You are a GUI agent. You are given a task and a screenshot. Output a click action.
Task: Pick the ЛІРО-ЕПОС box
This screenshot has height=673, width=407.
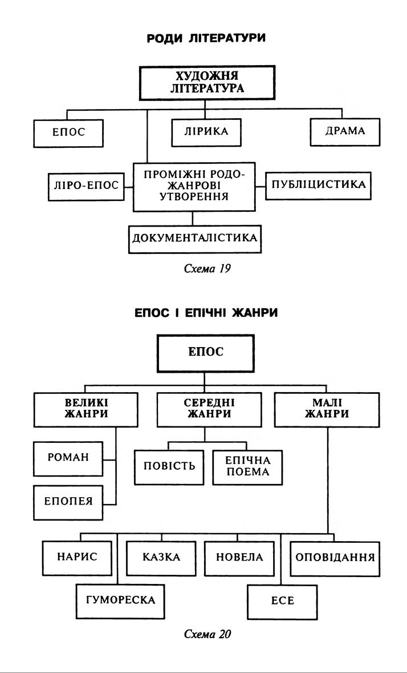pyautogui.click(x=86, y=186)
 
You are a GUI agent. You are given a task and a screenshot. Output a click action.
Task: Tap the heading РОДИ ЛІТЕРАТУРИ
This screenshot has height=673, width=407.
pyautogui.click(x=207, y=38)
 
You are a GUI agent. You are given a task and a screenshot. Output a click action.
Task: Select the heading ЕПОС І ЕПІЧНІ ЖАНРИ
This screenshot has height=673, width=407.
pyautogui.click(x=206, y=314)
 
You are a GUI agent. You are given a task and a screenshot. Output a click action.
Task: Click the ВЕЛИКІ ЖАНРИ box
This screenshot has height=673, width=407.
pyautogui.click(x=87, y=409)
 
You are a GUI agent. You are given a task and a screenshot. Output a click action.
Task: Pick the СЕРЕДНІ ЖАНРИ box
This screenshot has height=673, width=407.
pyautogui.click(x=207, y=409)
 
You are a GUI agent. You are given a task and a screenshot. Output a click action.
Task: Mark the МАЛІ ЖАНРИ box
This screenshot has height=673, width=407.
pyautogui.click(x=327, y=409)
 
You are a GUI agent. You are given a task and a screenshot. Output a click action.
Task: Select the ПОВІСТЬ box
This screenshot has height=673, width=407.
pyautogui.click(x=169, y=465)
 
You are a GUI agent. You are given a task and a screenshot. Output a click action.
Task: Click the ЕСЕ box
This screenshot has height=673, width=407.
pyautogui.click(x=283, y=601)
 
